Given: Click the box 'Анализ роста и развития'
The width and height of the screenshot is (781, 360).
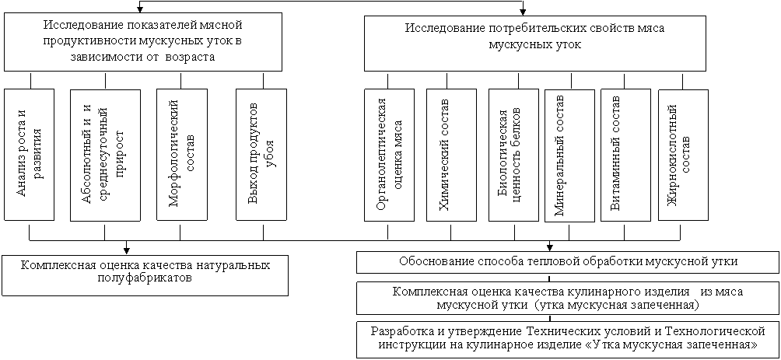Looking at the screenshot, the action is (x=29, y=155).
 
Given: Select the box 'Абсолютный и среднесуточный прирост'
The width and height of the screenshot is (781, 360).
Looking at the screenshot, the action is (x=104, y=155).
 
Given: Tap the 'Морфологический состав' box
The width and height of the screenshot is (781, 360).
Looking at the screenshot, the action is (x=180, y=155).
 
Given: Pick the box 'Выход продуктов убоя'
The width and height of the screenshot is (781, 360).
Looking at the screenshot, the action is (x=261, y=155).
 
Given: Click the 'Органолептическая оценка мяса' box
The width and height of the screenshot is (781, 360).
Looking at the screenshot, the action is (x=389, y=155).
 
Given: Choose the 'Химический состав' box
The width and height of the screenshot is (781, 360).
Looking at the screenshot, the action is (x=451, y=155).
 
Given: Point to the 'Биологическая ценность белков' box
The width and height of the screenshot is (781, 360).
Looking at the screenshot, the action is (x=513, y=155).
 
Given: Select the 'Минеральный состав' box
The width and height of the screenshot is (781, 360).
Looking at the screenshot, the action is (x=570, y=156).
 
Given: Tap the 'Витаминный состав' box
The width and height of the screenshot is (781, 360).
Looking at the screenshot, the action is (x=625, y=155).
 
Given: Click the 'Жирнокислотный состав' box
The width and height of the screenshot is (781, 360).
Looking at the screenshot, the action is (x=683, y=155).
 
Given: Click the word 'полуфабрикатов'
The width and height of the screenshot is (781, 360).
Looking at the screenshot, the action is (x=145, y=278).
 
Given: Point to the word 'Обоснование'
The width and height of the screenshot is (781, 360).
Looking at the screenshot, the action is (x=433, y=261).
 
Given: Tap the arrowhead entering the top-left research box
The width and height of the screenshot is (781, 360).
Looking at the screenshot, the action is (x=140, y=9).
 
